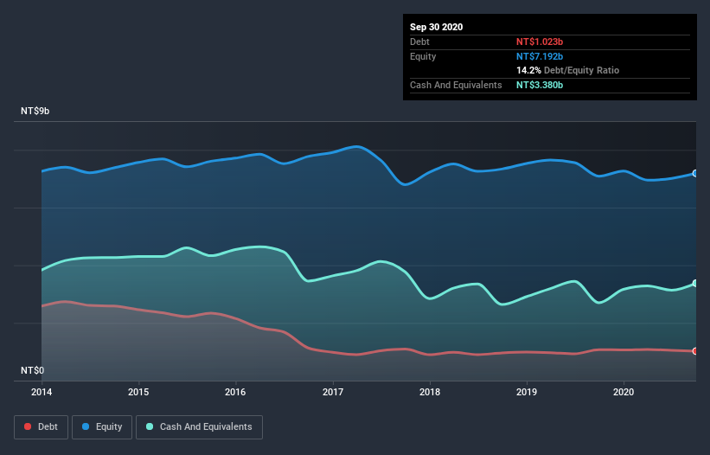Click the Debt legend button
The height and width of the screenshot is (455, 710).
(x=39, y=426)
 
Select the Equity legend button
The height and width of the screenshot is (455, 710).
(x=102, y=426)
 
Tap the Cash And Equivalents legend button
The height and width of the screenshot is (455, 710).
(x=199, y=426)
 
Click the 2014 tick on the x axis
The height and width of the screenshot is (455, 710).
(x=42, y=392)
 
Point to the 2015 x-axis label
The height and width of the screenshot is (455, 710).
(x=138, y=392)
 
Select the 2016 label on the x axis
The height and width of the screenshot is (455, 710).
(x=235, y=392)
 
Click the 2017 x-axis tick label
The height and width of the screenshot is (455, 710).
(x=333, y=392)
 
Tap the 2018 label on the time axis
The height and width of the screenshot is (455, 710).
(x=430, y=392)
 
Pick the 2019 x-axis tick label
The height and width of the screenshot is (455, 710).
(x=527, y=392)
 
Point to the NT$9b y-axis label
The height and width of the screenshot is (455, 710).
(x=37, y=112)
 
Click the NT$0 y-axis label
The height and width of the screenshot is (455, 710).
(x=33, y=370)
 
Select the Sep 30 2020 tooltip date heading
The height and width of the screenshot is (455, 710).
(x=437, y=27)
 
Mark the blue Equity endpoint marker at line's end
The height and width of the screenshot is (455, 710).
(x=695, y=174)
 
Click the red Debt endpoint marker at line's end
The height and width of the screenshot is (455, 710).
(x=695, y=351)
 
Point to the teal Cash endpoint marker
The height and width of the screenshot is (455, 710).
(x=695, y=284)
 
